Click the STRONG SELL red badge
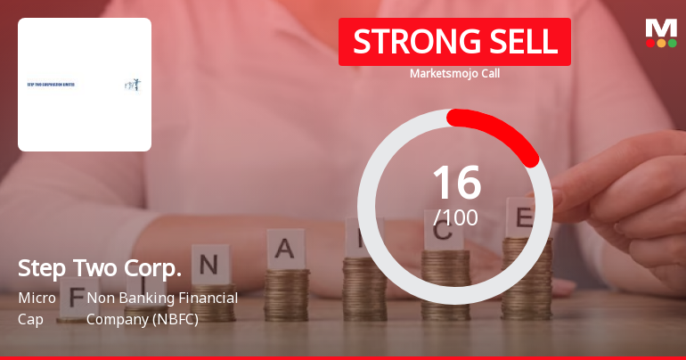pyautogui.click(x=454, y=42)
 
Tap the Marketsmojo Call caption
pyautogui.click(x=454, y=73)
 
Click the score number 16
pyautogui.click(x=456, y=183)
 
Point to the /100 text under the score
pyautogui.click(x=455, y=217)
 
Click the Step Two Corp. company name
pyautogui.click(x=100, y=268)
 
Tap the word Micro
pyautogui.click(x=37, y=298)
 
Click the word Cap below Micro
pyautogui.click(x=29, y=318)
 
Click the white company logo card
pyautogui.click(x=85, y=85)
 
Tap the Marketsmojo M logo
pyautogui.click(x=661, y=28)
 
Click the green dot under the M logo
pyautogui.click(x=673, y=43)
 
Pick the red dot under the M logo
pyautogui.click(x=650, y=43)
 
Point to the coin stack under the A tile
pyautogui.click(x=287, y=294)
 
